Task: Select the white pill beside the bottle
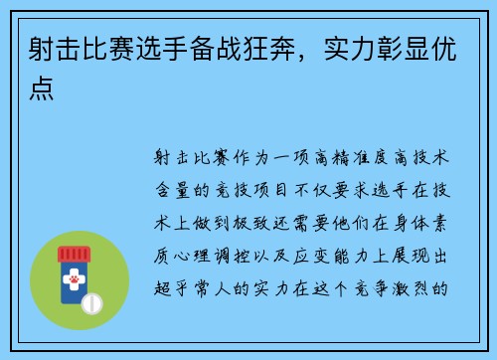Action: tap(92, 301)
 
